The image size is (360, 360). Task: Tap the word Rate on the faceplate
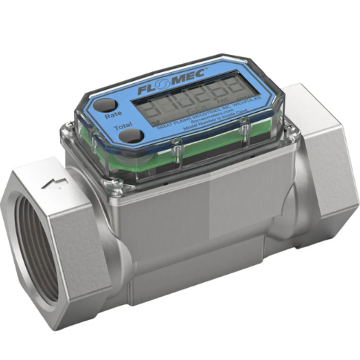tap(114, 115)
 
